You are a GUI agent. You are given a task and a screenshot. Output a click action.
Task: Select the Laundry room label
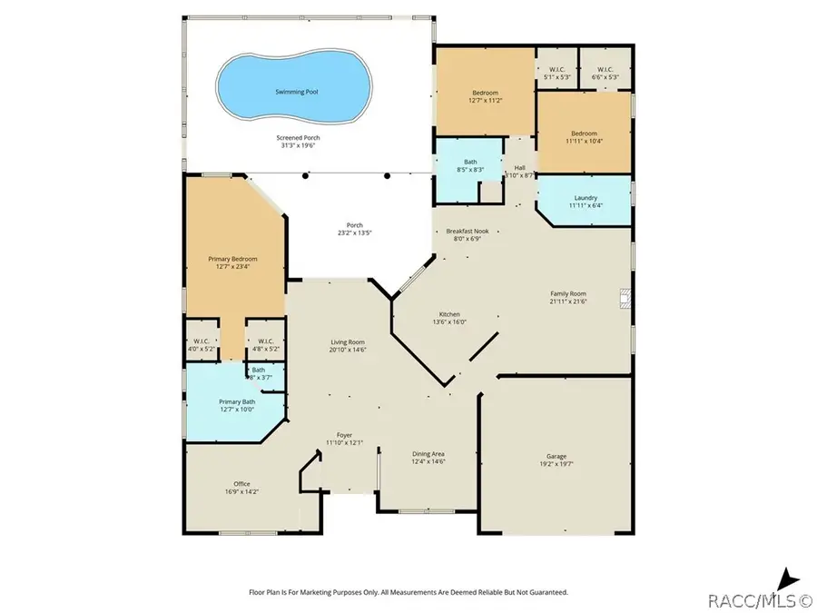(585, 198)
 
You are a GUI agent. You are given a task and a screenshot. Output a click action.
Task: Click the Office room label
(241, 484)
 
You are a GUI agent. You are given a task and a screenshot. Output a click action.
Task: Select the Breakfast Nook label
(467, 232)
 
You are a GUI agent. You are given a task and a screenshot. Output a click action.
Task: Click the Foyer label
(344, 435)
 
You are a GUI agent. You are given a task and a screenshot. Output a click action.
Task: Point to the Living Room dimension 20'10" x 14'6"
(348, 350)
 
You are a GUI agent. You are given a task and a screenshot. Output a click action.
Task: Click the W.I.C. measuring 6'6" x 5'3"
(605, 77)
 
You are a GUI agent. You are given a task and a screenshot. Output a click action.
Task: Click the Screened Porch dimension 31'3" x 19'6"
(298, 146)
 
